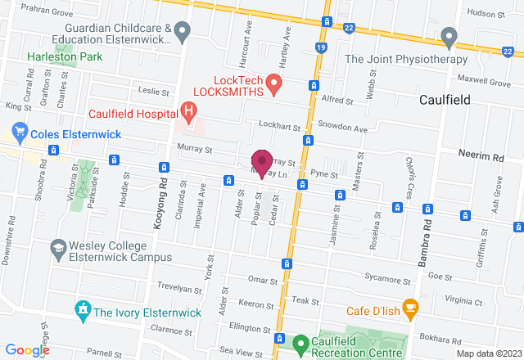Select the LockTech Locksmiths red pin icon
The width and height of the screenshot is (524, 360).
pyautogui.click(x=275, y=83)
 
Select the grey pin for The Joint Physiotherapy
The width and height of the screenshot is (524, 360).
pyautogui.click(x=448, y=36)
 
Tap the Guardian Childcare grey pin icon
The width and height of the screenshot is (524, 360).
pyautogui.click(x=183, y=31)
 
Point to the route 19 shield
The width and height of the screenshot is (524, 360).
pyautogui.click(x=320, y=49)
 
